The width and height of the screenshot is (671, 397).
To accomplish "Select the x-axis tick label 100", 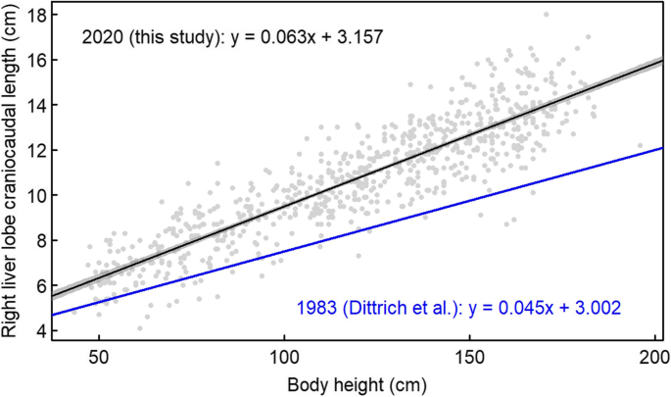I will point(284,359).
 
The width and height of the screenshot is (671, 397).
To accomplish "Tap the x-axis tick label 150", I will point(468,359).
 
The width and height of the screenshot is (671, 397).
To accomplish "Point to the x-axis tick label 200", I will point(651,359).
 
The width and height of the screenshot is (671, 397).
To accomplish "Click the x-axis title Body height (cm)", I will point(350,383).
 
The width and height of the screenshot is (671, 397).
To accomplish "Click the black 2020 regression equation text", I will point(231,38).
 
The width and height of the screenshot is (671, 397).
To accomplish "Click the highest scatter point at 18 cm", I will point(546,15).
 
